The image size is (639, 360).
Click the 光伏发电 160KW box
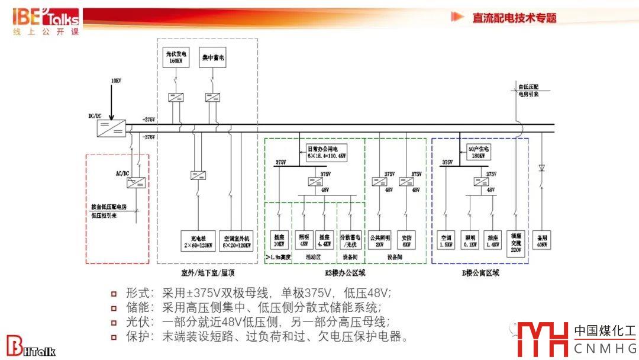coord(175,57)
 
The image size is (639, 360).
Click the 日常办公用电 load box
coord(326,152)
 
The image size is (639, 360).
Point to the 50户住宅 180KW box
coord(476,152)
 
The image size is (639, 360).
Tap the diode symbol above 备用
coord(541,168)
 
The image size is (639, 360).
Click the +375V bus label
coord(149,120)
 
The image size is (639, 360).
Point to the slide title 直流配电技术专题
coord(514,18)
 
